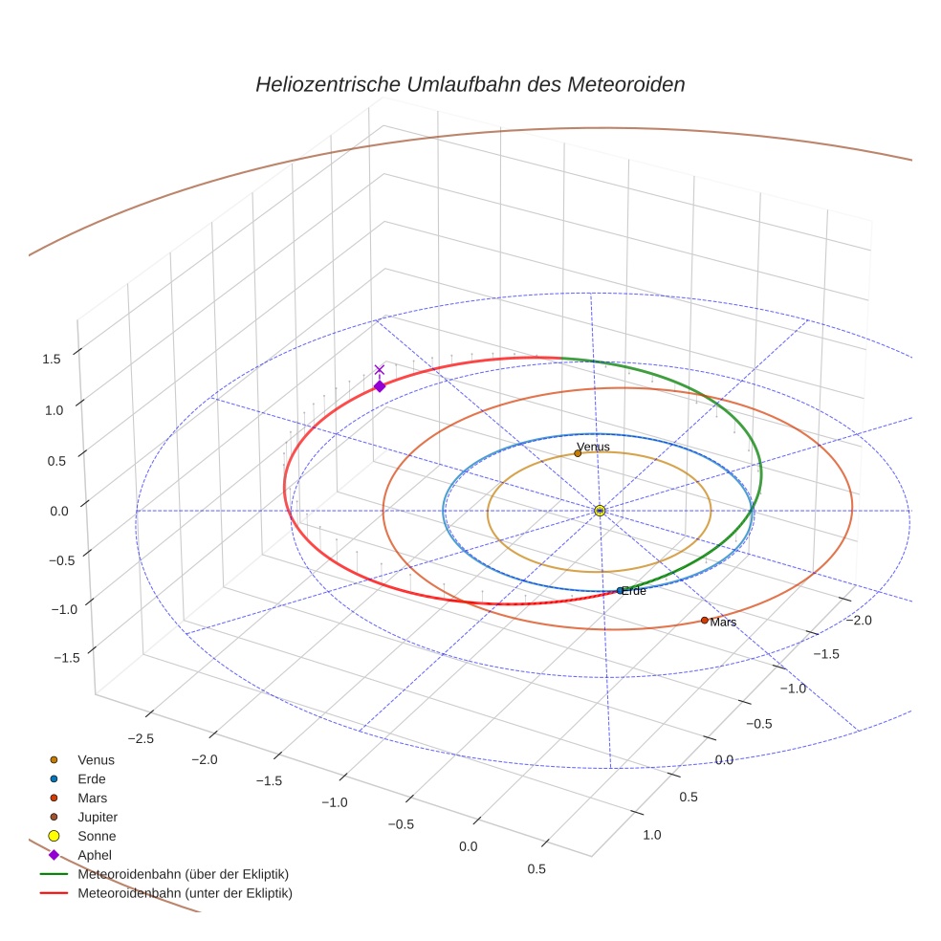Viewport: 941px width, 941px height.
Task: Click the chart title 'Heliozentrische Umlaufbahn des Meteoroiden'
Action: point(470,84)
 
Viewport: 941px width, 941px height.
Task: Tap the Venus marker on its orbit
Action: point(578,453)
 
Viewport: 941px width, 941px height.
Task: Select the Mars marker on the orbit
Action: point(705,620)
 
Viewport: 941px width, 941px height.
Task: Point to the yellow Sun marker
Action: point(600,511)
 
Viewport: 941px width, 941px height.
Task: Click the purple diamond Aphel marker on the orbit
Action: point(380,386)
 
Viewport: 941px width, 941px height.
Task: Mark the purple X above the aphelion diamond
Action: point(380,369)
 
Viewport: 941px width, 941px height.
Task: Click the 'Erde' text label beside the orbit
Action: point(634,591)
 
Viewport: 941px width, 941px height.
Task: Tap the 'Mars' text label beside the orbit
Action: point(724,623)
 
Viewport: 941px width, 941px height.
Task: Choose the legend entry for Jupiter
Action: point(98,818)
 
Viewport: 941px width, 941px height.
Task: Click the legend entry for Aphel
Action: point(94,856)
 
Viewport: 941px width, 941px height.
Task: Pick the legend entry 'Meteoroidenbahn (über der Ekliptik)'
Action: point(183,874)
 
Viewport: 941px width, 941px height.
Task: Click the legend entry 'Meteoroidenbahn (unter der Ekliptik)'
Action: point(185,893)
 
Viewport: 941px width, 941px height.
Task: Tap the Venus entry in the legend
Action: point(96,760)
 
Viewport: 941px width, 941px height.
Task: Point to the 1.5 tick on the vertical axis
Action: point(52,359)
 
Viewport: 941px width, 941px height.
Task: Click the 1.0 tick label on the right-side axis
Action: point(652,835)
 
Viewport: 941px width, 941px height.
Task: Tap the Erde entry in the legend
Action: point(92,779)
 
